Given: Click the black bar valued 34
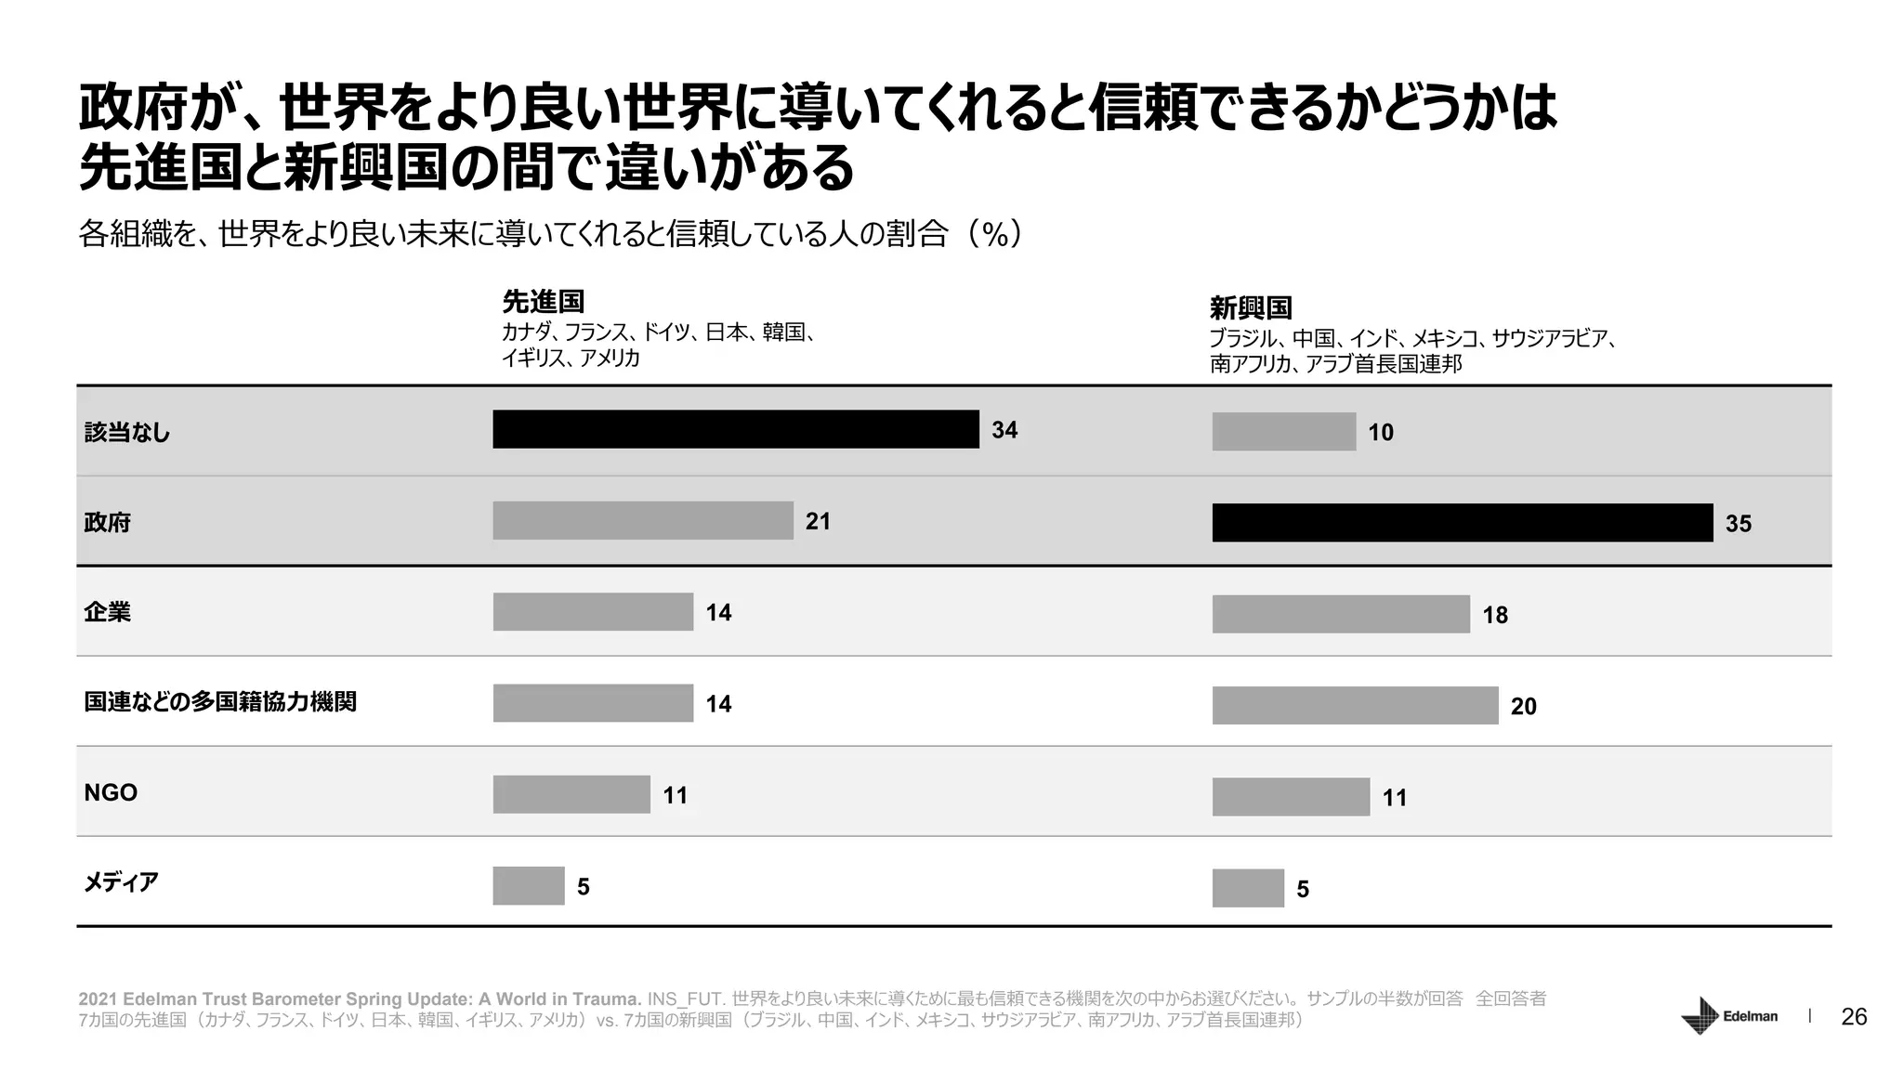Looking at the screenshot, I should click(x=735, y=429).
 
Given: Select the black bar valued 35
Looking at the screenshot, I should click(x=1462, y=523).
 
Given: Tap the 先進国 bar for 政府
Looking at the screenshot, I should click(x=643, y=521).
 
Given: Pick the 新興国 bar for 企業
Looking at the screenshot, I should click(x=1341, y=614).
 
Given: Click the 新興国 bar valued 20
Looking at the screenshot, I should click(x=1355, y=706).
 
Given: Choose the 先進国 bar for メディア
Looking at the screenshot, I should click(x=529, y=886).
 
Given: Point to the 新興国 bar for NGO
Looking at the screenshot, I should click(x=1291, y=797).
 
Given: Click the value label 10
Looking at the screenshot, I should click(x=1380, y=433).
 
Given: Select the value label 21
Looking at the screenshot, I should click(x=818, y=522).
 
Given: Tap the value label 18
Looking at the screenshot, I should click(x=1494, y=615).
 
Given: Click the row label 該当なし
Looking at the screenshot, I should click(x=127, y=433).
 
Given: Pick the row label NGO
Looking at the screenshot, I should click(x=111, y=793).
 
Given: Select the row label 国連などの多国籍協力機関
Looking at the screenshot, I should click(x=220, y=702).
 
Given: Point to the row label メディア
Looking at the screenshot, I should click(x=121, y=882).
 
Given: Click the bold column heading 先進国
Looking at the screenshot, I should click(x=543, y=302).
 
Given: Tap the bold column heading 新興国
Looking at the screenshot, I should click(x=1250, y=307).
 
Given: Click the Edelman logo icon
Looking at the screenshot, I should click(x=1700, y=1016).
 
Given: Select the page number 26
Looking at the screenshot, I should click(x=1854, y=1017).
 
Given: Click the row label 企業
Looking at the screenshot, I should click(x=108, y=612).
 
